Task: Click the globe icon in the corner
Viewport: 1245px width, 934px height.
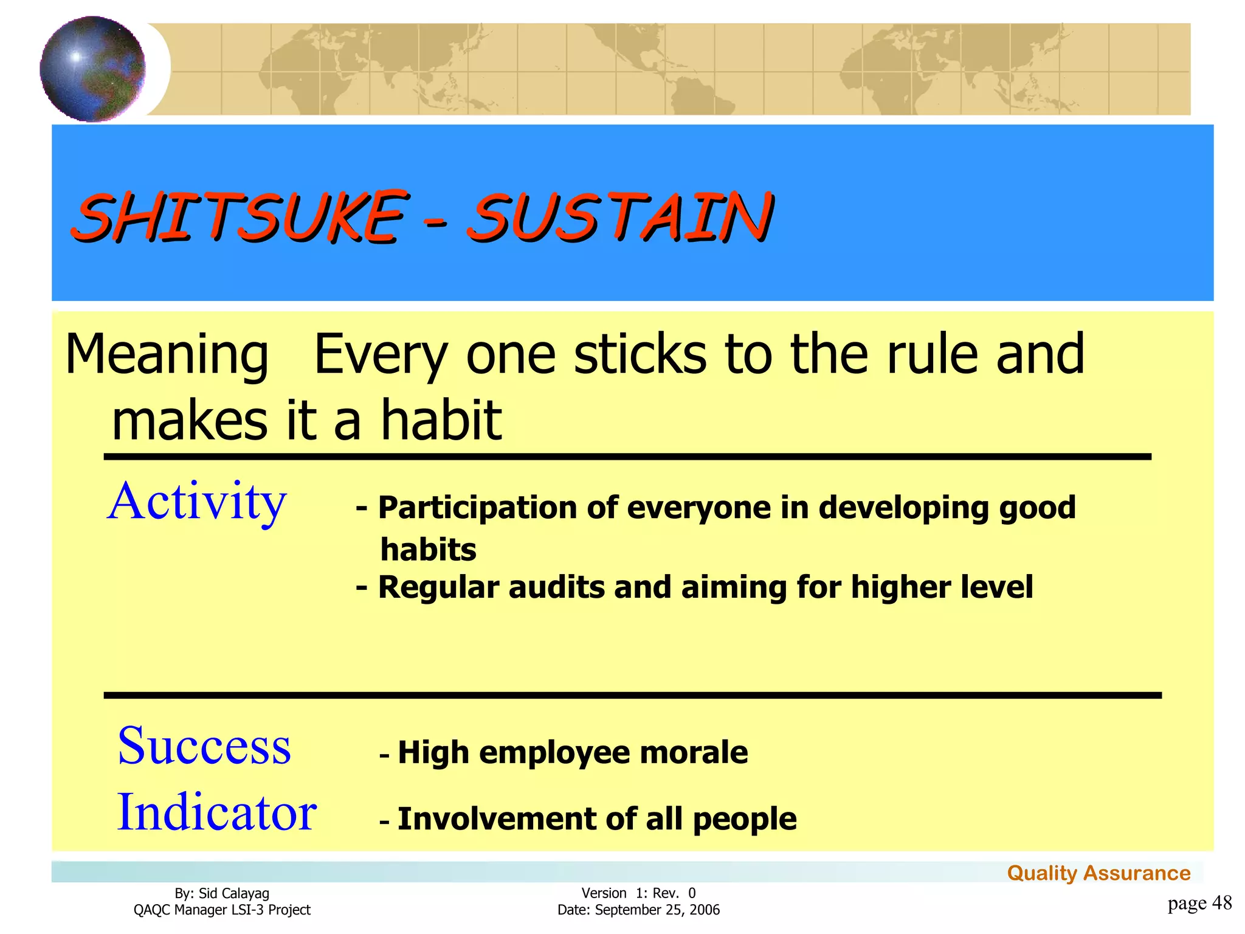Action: pos(92,69)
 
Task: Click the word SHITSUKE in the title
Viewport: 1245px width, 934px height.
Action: pos(239,216)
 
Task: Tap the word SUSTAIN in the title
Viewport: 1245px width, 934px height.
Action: pos(620,216)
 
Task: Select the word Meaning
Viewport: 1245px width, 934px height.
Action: pos(167,356)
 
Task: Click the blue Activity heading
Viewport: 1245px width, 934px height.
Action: pos(197,502)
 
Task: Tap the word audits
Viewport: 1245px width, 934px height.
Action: pos(557,587)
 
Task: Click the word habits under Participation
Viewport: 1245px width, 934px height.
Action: pos(428,550)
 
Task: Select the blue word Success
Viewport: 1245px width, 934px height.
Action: pos(204,746)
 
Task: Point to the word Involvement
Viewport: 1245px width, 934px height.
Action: pos(496,819)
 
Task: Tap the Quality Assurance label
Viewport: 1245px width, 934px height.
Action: pos(1098,873)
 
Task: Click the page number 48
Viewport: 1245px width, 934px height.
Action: pos(1222,903)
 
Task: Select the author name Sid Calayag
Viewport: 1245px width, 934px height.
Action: pos(233,893)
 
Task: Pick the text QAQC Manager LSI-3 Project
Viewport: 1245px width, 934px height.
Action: pos(222,910)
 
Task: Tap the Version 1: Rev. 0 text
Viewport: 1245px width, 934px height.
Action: pos(638,893)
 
